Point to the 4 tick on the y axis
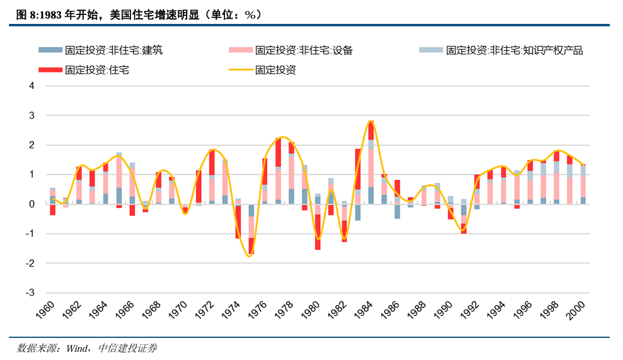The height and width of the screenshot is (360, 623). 32,86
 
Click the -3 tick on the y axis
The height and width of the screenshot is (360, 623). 30,293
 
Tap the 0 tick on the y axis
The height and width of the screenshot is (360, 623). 32,205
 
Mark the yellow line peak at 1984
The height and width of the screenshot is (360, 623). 371,121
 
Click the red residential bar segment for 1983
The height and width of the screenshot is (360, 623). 358,169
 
